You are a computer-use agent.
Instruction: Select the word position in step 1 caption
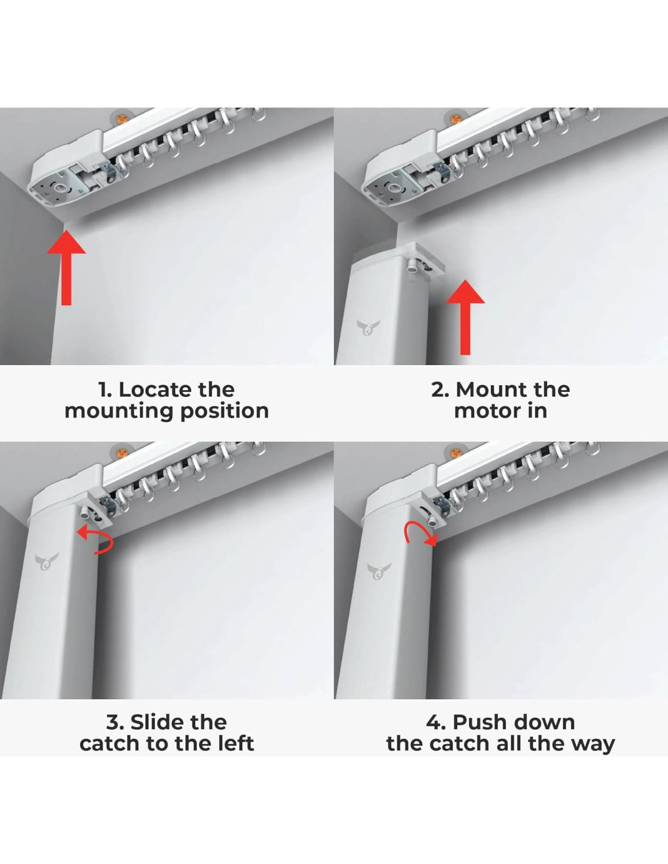(225, 412)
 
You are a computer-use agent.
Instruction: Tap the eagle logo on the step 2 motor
(368, 327)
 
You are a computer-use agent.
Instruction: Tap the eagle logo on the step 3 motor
(47, 561)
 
